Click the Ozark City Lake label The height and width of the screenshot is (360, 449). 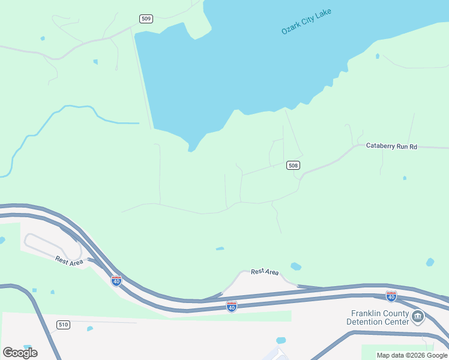click(x=306, y=22)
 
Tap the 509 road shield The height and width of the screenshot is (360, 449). click(x=146, y=19)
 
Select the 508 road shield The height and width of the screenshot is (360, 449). click(x=293, y=165)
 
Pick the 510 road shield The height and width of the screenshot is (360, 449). click(x=64, y=325)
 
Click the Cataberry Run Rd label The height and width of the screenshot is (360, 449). click(x=391, y=146)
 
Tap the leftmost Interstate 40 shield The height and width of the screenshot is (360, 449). click(x=116, y=280)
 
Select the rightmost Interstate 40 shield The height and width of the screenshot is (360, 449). click(x=391, y=296)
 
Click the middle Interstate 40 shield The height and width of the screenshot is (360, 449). click(x=232, y=307)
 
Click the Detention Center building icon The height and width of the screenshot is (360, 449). click(x=418, y=316)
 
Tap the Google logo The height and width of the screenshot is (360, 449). click(x=20, y=352)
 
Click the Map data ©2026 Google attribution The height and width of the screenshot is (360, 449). click(x=412, y=355)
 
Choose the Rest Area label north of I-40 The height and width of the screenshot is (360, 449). click(x=264, y=272)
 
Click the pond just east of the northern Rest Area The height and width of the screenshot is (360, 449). click(x=295, y=266)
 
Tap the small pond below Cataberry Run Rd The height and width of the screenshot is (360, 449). click(x=405, y=178)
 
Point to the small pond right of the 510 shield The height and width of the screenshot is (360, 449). click(x=90, y=328)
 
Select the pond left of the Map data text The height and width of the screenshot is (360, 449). click(x=280, y=341)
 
